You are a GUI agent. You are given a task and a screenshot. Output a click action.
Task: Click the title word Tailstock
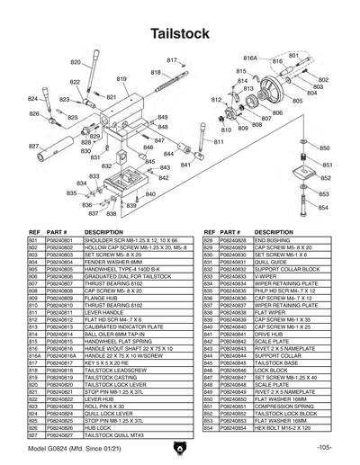[x=180, y=33]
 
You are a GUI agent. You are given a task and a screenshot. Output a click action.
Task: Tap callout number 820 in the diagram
[x=75, y=62]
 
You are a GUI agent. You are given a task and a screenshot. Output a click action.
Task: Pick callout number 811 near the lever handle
[x=218, y=142]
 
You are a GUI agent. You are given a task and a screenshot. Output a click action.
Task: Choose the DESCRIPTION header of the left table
[x=103, y=231]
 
